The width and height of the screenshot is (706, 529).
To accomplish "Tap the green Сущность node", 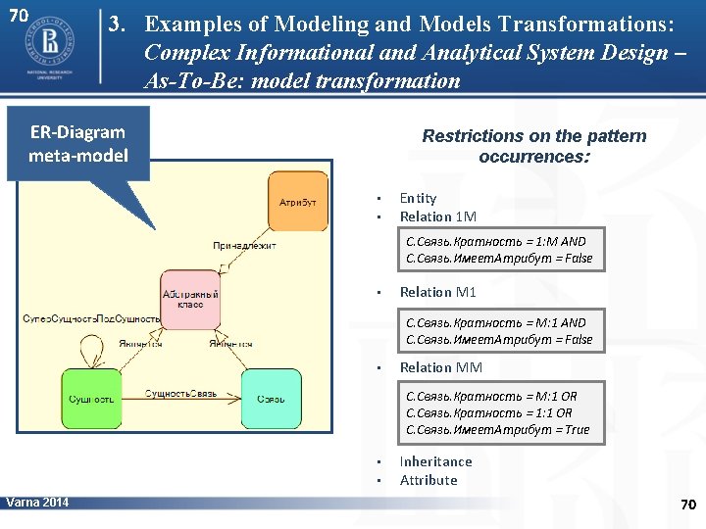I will point(92,399).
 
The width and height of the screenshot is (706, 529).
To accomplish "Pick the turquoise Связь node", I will point(272,399).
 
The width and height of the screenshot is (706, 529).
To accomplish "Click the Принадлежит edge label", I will point(244,246).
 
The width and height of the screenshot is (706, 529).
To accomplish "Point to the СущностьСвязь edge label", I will point(181,394).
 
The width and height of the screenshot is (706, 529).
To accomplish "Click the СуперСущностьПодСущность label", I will point(91,319).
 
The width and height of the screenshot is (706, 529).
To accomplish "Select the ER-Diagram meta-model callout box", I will point(78,143).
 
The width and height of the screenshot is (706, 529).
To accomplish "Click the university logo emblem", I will point(46,41).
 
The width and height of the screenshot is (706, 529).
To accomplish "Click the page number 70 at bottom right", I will point(687,505).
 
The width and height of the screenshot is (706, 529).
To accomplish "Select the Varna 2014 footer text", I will point(37,503).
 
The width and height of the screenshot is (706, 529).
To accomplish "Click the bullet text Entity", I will point(418,198).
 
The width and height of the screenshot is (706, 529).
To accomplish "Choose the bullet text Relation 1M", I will point(437,216).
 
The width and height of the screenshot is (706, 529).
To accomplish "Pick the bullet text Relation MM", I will point(440,367).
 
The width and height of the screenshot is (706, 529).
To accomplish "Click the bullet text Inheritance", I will point(435,461).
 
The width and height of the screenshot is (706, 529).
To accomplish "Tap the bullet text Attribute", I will point(429,480).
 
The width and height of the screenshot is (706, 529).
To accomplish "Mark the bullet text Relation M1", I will point(437,292).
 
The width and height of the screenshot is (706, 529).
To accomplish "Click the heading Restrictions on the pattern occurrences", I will point(533,146).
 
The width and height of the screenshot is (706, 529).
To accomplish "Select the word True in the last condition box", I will point(578,429).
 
